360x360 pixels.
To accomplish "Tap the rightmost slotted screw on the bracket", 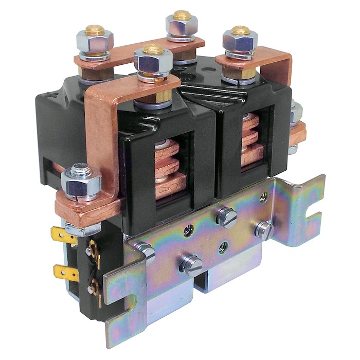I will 264,230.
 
